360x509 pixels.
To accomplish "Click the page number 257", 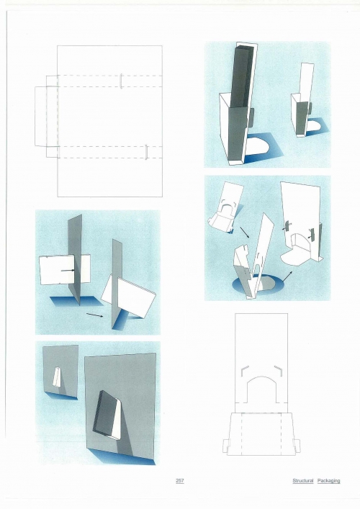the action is click(180, 480).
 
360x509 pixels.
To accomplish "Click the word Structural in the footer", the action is click(303, 480).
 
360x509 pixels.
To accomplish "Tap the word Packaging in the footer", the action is click(328, 481).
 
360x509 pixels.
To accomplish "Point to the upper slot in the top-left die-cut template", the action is click(121, 81).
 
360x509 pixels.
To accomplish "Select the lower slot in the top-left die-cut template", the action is click(146, 152).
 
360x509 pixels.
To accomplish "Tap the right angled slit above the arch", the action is click(278, 369).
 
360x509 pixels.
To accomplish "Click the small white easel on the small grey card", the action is click(58, 377).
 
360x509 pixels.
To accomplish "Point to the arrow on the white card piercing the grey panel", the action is click(68, 270).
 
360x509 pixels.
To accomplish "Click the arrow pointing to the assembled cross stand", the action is click(95, 315).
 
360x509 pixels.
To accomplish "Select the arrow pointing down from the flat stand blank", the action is click(244, 232).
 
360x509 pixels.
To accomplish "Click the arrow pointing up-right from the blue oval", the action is click(287, 276).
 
